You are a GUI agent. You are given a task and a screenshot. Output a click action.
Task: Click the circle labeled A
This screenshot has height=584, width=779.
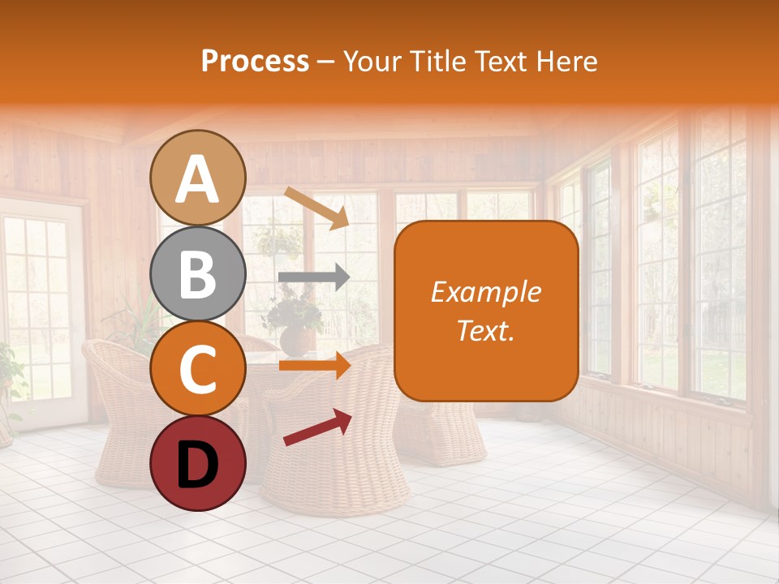coord(198,178)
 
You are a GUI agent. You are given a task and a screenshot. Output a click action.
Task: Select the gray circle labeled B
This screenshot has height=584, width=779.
coord(198,274)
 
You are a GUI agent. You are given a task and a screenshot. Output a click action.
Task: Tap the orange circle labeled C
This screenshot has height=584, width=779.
coord(198,368)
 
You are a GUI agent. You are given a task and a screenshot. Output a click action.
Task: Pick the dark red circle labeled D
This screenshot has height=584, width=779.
coord(198,463)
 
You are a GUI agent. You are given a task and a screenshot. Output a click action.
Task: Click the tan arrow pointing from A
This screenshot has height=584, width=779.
coord(316,208)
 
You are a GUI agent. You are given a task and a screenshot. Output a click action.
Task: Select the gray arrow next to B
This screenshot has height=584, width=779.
coord(314,277)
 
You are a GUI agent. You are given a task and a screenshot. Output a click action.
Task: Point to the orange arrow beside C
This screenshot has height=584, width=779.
coord(314,367)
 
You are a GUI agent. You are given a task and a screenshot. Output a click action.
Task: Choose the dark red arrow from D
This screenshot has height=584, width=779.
coord(317,427)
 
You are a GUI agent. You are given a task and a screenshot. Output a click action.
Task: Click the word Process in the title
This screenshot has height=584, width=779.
coord(255,61)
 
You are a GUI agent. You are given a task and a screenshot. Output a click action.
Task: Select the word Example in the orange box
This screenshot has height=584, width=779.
coord(485,292)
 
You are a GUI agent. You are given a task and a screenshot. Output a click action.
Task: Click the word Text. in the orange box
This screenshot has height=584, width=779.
coord(485,330)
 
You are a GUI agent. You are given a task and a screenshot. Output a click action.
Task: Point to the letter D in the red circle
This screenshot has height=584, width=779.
coord(198,465)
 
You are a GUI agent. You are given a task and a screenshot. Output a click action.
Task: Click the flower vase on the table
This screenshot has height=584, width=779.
coord(295,337)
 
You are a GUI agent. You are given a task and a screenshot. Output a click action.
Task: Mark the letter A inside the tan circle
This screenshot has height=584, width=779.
coord(198,179)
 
